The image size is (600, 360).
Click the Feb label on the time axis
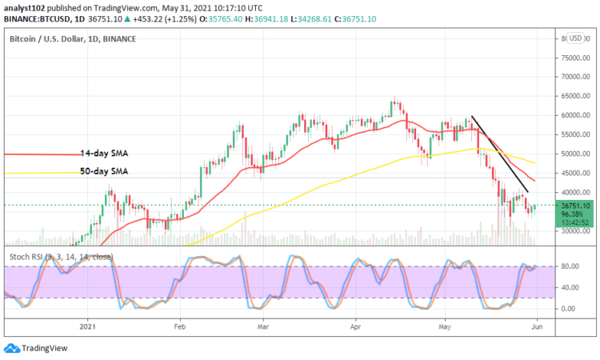(x=179, y=326)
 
